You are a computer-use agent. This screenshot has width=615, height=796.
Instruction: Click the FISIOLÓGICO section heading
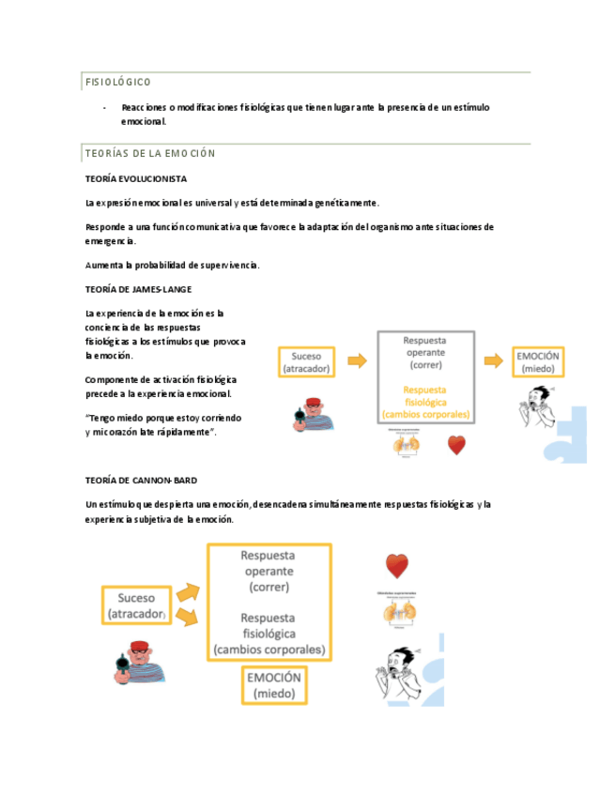118,83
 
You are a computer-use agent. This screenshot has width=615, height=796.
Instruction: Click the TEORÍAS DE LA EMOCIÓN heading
150,153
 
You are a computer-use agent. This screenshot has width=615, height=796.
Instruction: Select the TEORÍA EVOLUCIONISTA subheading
136,178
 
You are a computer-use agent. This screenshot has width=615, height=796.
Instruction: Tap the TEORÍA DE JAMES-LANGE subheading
138,289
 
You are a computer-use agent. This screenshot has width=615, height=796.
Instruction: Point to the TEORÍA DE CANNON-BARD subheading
141,481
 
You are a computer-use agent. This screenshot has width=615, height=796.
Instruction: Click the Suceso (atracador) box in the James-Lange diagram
306,362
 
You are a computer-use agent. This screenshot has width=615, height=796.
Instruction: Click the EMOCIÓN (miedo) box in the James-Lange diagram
538,362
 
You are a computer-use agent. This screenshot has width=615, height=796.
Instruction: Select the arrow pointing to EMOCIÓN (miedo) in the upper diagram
492,360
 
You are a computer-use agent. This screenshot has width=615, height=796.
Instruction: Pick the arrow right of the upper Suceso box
356,360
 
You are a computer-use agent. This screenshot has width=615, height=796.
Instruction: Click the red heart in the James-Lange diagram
456,446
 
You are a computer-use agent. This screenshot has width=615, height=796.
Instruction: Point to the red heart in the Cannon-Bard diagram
397,565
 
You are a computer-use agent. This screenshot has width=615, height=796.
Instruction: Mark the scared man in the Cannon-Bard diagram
395,674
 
